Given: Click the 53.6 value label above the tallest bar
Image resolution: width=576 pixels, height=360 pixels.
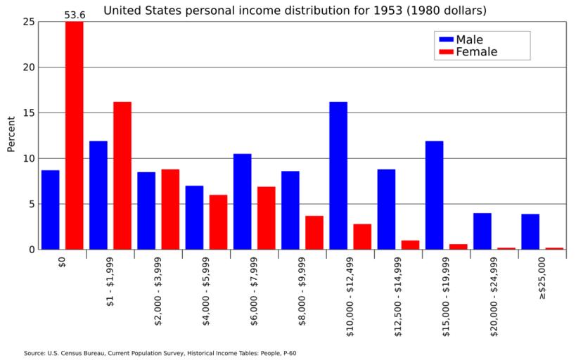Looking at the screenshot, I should tap(74, 15).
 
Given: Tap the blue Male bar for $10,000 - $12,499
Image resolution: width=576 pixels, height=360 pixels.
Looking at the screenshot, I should tap(338, 176).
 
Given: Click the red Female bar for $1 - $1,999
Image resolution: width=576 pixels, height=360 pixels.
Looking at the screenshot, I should tap(122, 176).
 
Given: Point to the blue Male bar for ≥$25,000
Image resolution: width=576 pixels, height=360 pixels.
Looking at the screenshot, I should tap(530, 231).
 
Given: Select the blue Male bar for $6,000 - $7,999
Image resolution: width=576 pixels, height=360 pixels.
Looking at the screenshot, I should tap(242, 201).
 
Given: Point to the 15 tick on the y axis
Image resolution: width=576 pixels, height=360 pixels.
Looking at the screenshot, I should tap(29, 113).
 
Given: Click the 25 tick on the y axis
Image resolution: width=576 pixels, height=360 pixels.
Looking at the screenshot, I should tap(29, 22).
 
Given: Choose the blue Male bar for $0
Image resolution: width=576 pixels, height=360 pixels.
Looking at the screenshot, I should tap(50, 210).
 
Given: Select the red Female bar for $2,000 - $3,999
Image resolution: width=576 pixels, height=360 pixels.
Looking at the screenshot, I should tap(170, 209).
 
